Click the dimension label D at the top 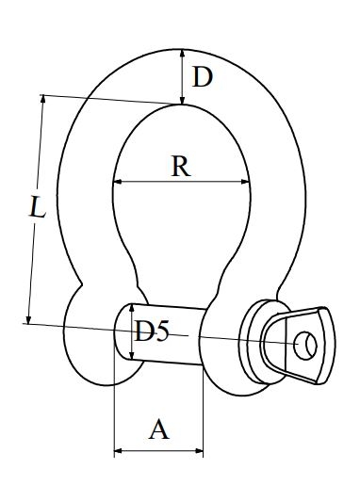pos(203,77)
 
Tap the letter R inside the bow pos(181,166)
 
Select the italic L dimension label pos(38,206)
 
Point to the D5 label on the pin pos(152,331)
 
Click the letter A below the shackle pos(159,429)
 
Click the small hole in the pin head pos(305,346)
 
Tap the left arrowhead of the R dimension pos(118,182)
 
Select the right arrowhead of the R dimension pos(245,182)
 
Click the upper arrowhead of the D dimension pos(182,55)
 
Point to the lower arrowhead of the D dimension pos(182,100)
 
